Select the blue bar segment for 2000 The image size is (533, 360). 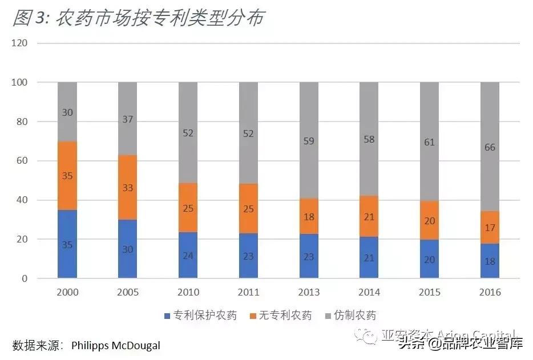[67, 244]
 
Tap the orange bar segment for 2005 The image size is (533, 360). [127, 187]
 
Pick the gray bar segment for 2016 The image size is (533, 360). [490, 147]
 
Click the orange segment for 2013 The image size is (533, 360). [309, 216]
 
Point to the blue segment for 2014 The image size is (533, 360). [369, 258]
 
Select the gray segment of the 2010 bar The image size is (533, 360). [188, 132]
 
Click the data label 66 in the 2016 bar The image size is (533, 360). [490, 147]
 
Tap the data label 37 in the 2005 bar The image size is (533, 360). [127, 119]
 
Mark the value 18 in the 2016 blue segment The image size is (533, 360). [490, 262]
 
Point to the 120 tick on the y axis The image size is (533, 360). [21, 43]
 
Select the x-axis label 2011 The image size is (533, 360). [248, 293]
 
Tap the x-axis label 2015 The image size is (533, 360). [429, 293]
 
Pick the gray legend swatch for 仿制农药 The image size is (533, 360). [329, 315]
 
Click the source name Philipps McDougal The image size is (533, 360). [116, 346]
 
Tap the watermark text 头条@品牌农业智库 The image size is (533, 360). [461, 343]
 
